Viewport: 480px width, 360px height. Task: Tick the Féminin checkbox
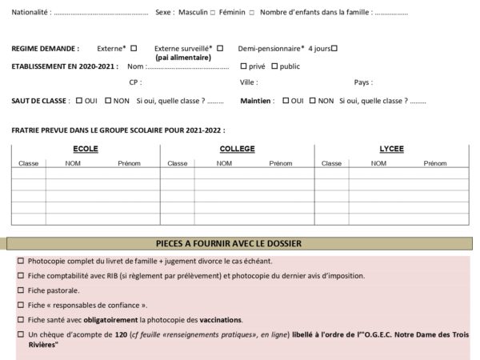pyautogui.click(x=252, y=13)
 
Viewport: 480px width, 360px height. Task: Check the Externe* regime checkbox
pyautogui.click(x=134, y=48)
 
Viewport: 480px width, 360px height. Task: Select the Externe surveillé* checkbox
pyautogui.click(x=220, y=48)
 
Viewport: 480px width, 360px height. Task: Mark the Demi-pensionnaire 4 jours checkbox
pyautogui.click(x=334, y=48)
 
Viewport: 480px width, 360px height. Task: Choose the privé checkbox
pyautogui.click(x=243, y=66)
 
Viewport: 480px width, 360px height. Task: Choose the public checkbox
pyautogui.click(x=274, y=66)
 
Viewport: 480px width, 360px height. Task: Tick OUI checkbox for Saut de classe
pyautogui.click(x=78, y=101)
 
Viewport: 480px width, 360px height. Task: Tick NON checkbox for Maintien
pyautogui.click(x=313, y=101)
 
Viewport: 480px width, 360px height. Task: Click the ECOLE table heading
pyautogui.click(x=86, y=150)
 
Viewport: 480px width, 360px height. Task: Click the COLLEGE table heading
pyautogui.click(x=237, y=150)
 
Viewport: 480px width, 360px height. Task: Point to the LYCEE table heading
pyautogui.click(x=391, y=150)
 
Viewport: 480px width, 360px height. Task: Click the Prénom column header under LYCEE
pyautogui.click(x=435, y=163)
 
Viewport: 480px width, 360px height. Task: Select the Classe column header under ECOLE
pyautogui.click(x=29, y=163)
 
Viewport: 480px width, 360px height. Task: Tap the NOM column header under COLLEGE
pyautogui.click(x=224, y=163)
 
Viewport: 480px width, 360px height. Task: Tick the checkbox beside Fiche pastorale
pyautogui.click(x=21, y=290)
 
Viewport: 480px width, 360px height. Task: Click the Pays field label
pyautogui.click(x=362, y=82)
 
